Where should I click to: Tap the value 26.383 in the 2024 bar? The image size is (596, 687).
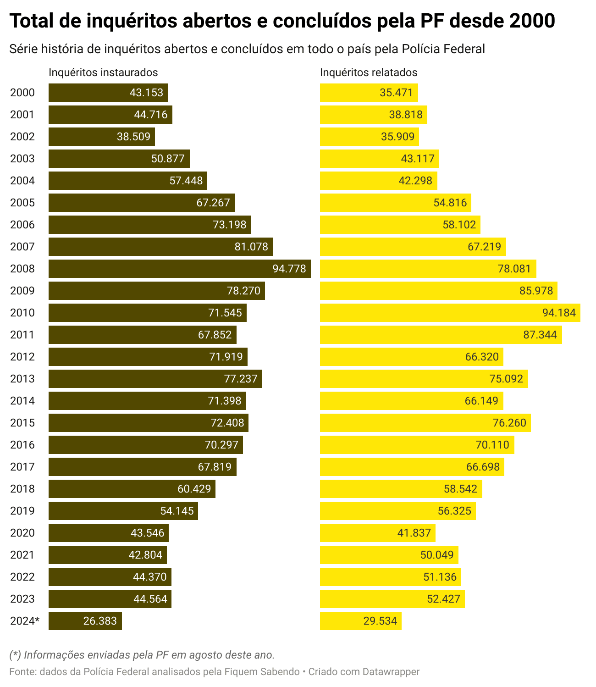100,621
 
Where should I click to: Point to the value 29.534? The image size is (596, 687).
380,621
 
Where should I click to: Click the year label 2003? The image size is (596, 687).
22,159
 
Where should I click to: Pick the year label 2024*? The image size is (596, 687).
25,621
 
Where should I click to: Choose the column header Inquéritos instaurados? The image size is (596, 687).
103,72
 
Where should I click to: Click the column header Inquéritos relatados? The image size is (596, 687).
369,72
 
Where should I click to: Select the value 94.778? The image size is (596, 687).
289,269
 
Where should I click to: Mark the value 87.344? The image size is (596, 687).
540,335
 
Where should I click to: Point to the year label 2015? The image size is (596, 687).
22,423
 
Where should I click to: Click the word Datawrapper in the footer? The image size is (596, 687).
391,672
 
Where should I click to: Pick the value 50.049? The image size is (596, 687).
437,555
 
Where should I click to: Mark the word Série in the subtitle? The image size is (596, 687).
22,49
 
